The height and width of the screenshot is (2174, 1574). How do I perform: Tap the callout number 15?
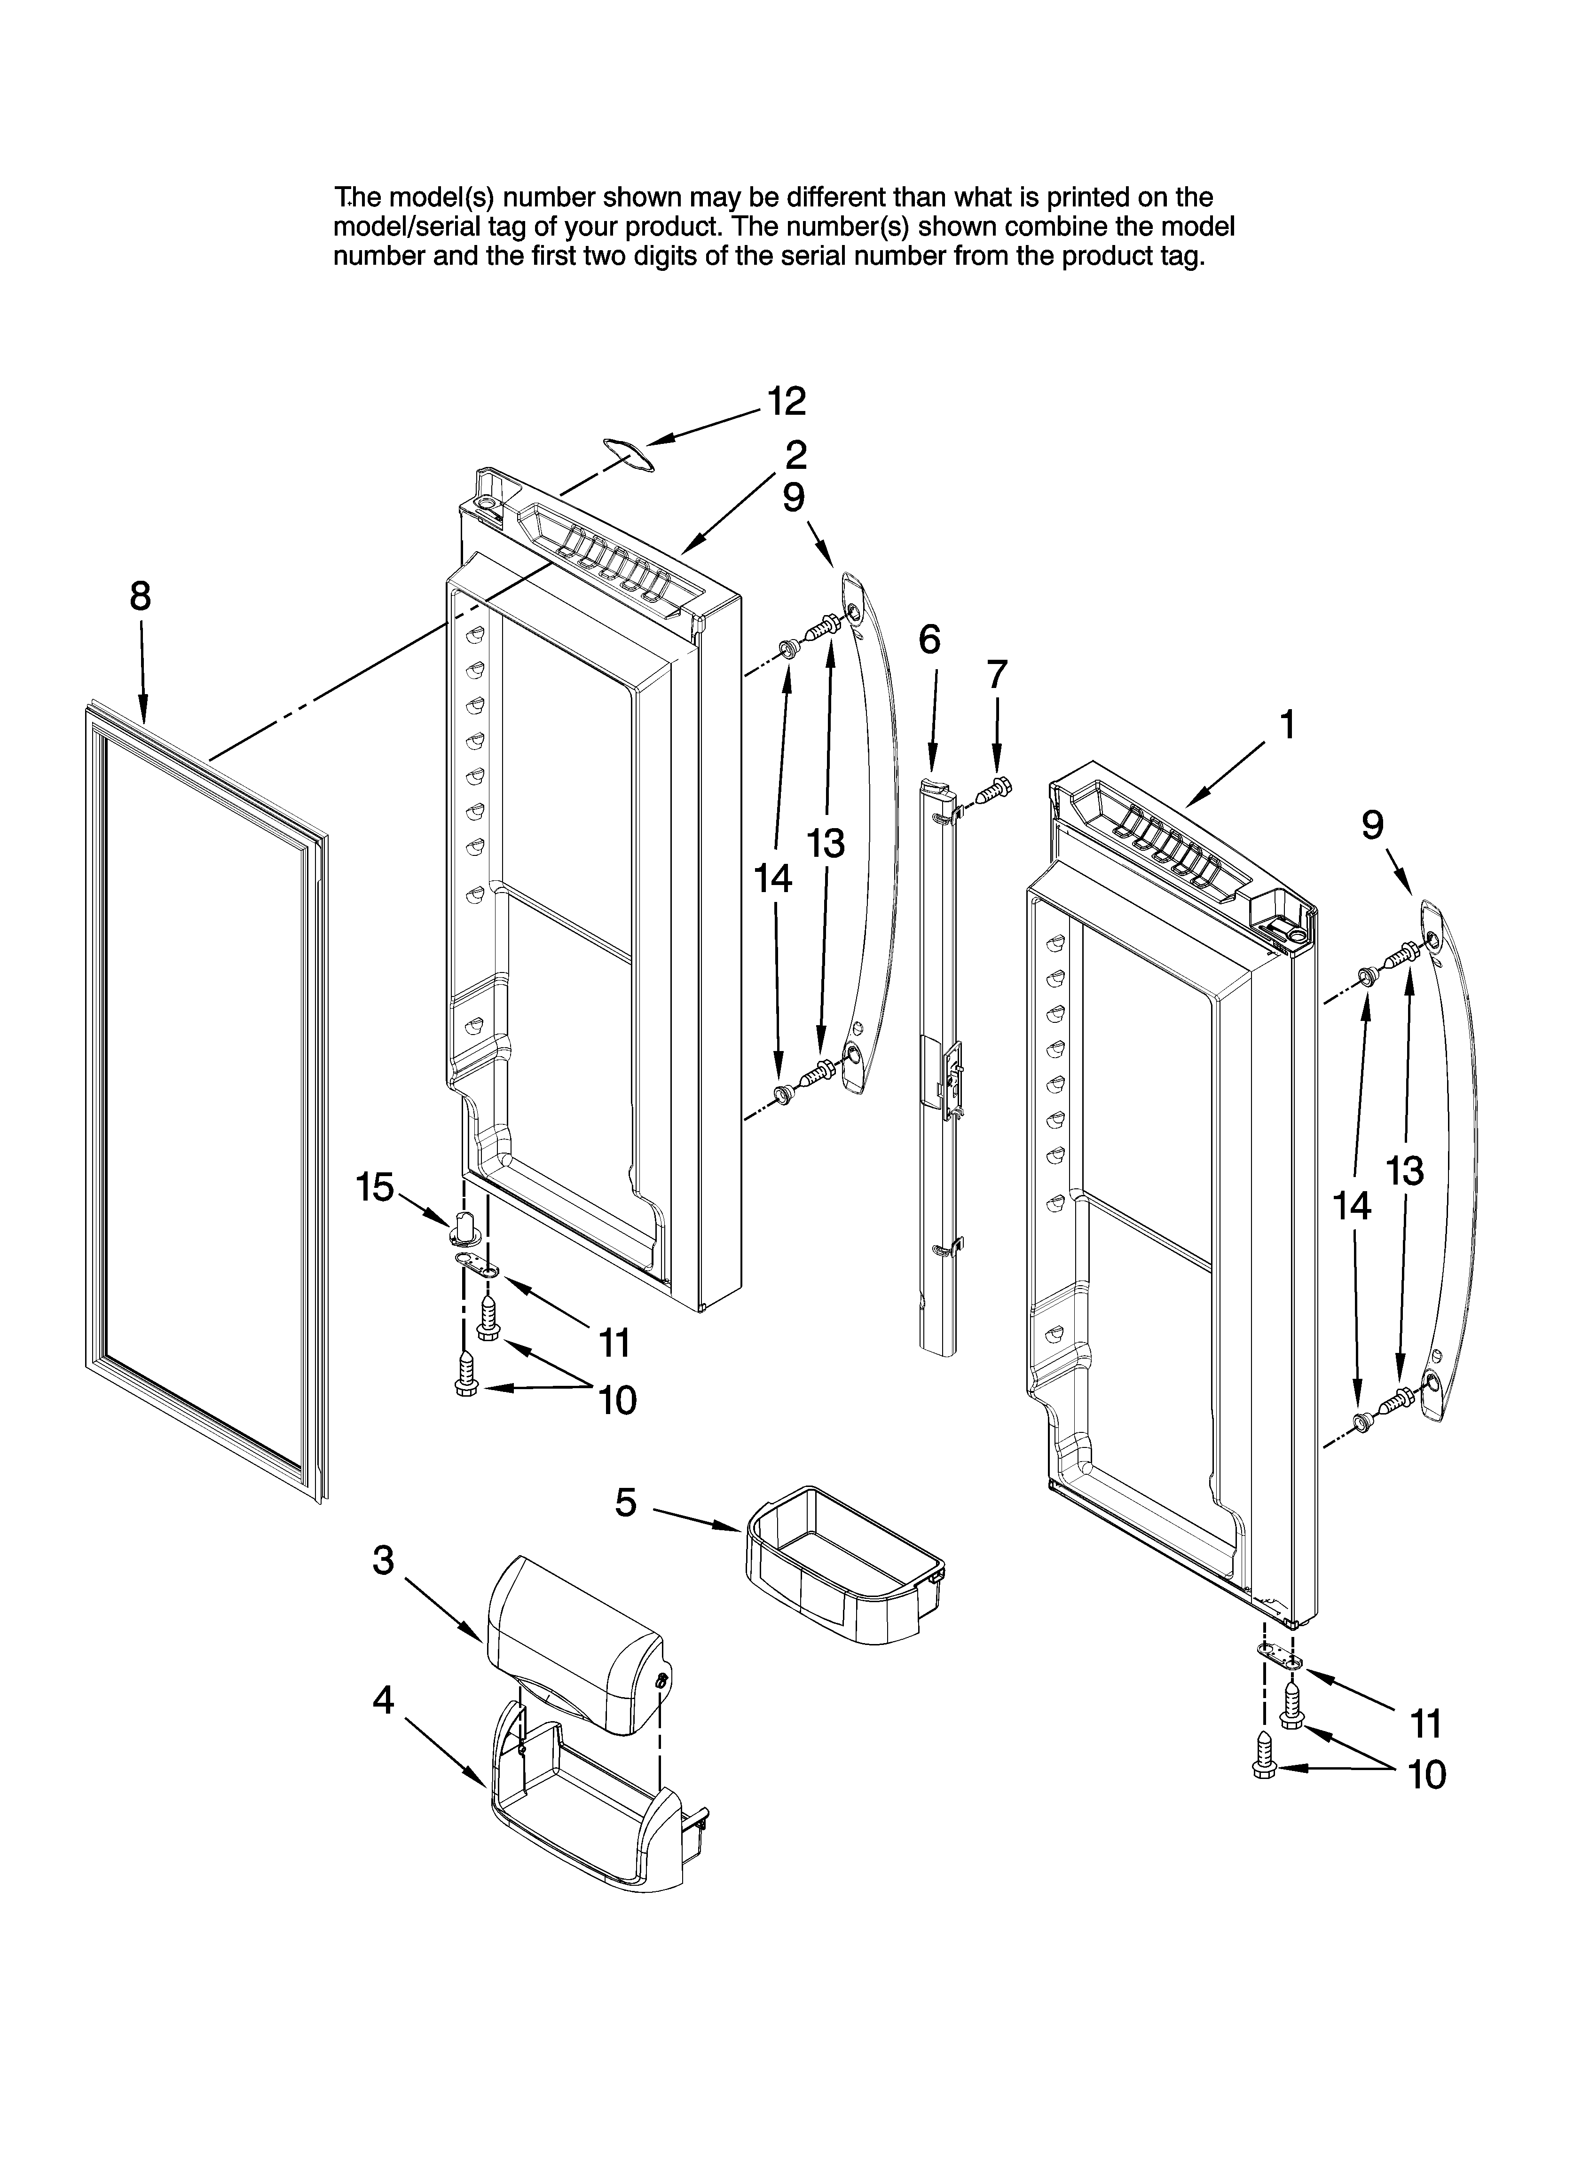(375, 1188)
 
